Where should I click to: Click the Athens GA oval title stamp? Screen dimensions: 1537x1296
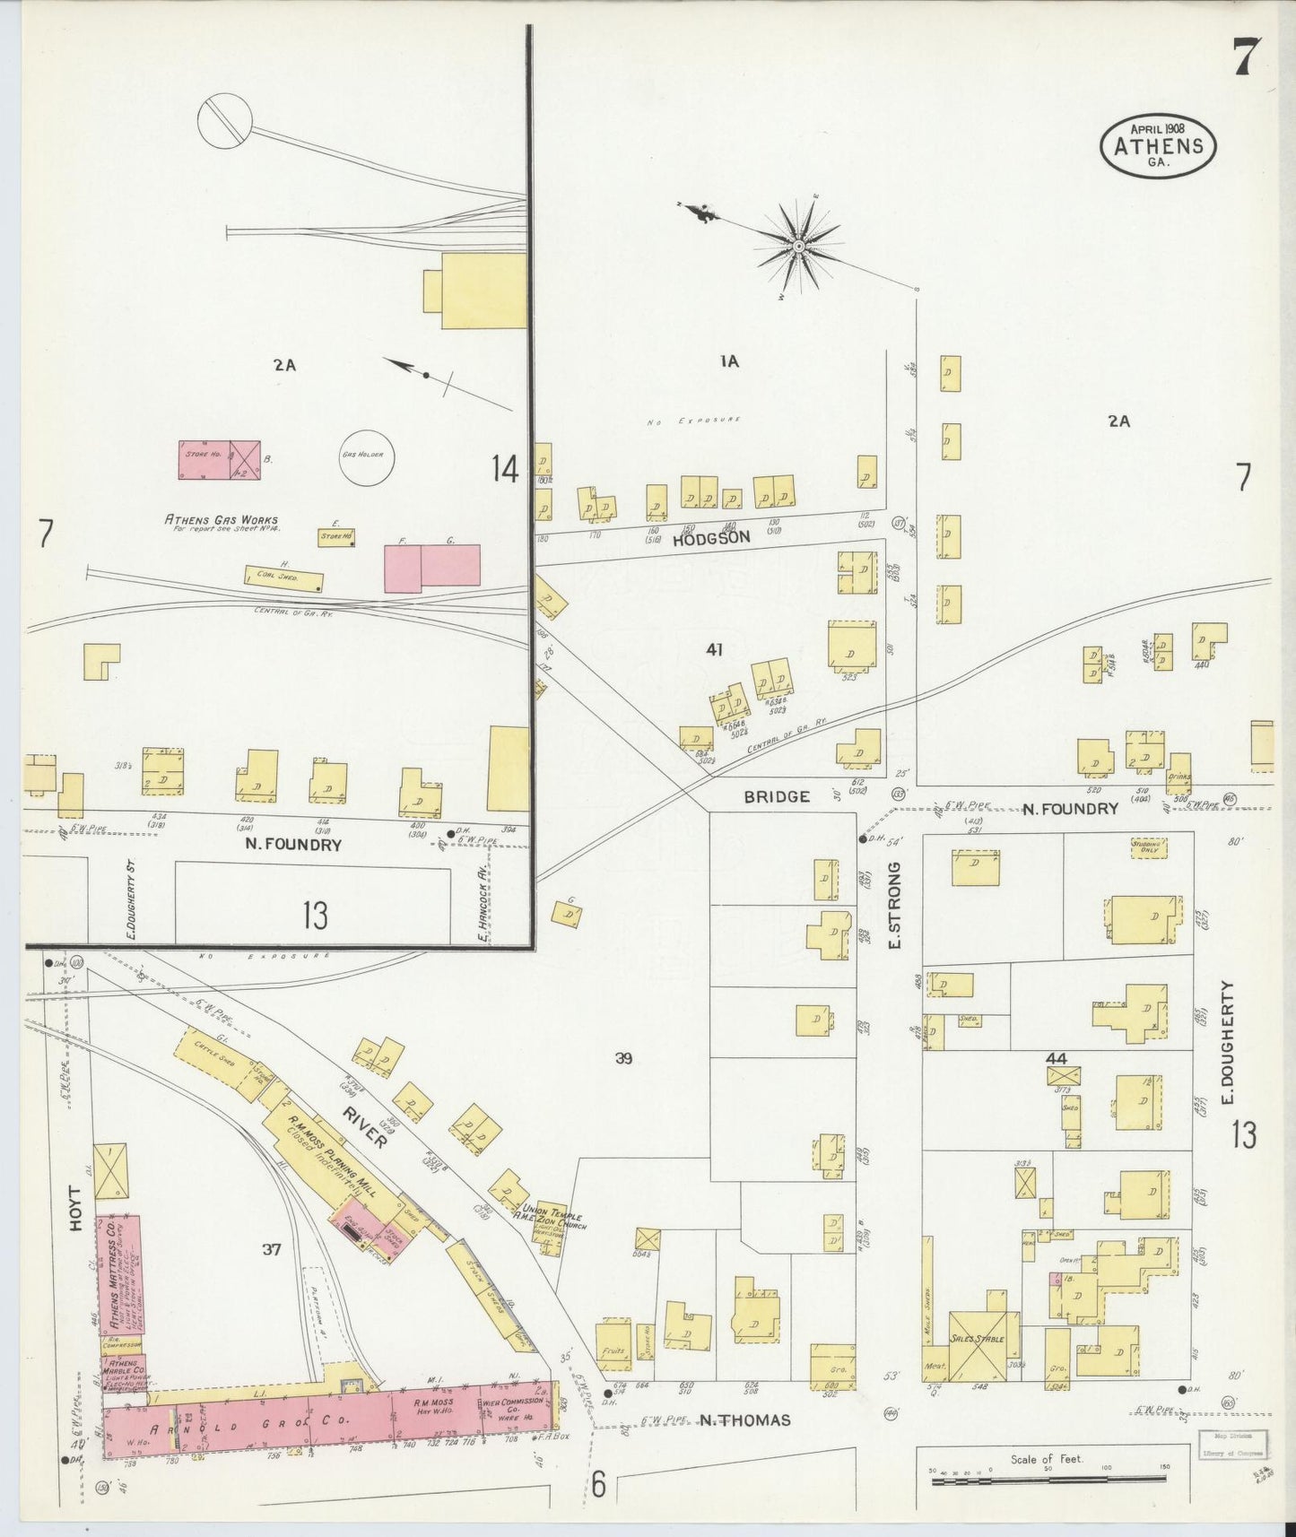tap(1158, 146)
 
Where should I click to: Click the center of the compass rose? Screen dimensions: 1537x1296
tap(797, 245)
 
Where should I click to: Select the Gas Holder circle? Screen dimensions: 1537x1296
tap(361, 455)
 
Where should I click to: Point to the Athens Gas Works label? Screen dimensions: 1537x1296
tap(221, 519)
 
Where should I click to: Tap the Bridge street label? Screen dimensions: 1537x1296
tap(777, 795)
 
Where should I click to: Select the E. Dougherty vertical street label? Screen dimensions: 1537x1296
tap(1228, 1042)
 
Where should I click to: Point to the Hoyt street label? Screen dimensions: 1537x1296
tap(75, 1209)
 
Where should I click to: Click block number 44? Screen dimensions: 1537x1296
tap(1057, 1059)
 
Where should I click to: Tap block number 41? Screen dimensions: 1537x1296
tap(714, 649)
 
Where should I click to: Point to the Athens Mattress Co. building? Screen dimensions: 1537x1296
tap(117, 1273)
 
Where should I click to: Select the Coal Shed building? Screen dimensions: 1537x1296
tap(284, 578)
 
